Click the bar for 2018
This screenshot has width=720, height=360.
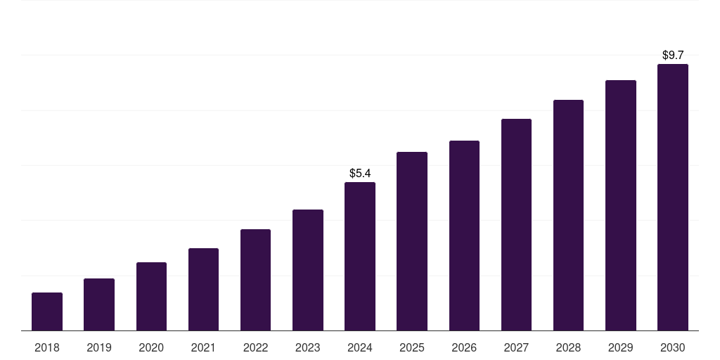point(47,311)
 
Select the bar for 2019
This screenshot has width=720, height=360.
point(99,304)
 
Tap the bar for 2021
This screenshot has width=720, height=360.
point(203,289)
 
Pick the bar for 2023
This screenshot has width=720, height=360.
point(308,270)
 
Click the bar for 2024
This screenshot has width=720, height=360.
point(360,257)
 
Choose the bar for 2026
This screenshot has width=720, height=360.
point(464,236)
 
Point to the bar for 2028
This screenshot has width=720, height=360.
point(568,215)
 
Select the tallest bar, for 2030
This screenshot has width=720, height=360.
point(672,198)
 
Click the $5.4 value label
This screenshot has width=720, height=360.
point(360,173)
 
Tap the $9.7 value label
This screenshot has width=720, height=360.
point(673,55)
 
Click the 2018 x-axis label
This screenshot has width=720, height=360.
point(47,347)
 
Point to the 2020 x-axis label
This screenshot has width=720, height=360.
point(151,347)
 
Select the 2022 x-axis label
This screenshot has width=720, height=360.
point(255,347)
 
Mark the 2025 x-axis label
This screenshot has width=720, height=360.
point(412,347)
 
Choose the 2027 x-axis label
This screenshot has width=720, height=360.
point(516,347)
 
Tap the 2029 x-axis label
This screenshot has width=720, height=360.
point(620,347)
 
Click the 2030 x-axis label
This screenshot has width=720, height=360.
point(672,347)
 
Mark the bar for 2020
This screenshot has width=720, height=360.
point(151,296)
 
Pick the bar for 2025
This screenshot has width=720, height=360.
point(412,241)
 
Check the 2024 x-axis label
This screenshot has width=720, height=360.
point(360,347)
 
